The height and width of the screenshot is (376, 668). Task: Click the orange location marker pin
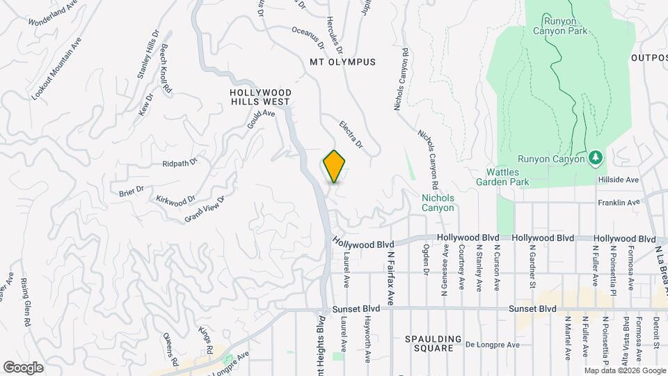tap(335, 166)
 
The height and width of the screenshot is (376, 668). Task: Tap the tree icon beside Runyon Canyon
tap(594, 159)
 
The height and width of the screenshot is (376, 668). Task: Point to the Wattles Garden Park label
tap(507, 177)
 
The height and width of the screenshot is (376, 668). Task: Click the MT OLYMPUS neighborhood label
tap(342, 62)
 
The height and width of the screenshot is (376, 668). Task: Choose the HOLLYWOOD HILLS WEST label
tap(261, 97)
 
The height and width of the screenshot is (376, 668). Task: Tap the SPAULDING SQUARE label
tap(434, 344)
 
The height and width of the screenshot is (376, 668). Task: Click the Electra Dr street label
tap(351, 134)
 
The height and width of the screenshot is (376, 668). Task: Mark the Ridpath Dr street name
tap(180, 164)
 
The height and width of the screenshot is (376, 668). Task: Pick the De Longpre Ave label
tap(493, 345)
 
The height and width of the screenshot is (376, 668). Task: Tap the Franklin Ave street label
tap(619, 203)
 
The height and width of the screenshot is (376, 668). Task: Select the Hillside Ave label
tap(618, 180)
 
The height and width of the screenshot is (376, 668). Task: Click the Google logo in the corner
tap(23, 367)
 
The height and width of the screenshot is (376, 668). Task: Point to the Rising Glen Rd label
tap(25, 303)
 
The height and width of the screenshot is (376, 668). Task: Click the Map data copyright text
tap(624, 370)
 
